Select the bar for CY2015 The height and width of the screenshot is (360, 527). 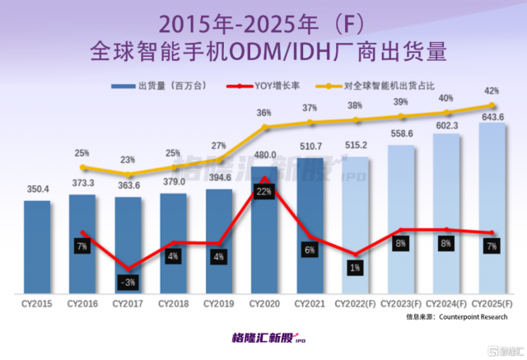[37, 247]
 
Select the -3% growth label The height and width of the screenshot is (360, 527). [128, 283]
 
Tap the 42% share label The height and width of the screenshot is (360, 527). [492, 91]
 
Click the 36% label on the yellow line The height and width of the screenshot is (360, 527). [264, 113]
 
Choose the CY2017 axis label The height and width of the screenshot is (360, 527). [128, 305]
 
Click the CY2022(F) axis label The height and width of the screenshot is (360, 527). [356, 305]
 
